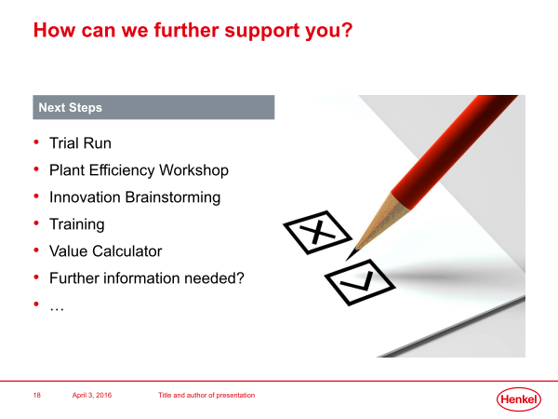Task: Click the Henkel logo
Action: (519, 399)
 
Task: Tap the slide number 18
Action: (36, 395)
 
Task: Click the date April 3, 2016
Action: (92, 395)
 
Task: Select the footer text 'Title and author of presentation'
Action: (206, 395)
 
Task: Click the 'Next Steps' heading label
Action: (70, 107)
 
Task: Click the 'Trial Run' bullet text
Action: (80, 143)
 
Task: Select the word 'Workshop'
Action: (193, 170)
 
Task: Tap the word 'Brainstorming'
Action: (173, 197)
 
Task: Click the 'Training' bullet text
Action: (77, 224)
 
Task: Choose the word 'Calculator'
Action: (127, 251)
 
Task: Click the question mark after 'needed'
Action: (240, 277)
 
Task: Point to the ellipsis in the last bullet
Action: (57, 309)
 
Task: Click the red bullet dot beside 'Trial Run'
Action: (36, 142)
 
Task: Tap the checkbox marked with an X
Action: (317, 232)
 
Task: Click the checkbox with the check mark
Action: (360, 282)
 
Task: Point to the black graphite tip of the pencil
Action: (352, 254)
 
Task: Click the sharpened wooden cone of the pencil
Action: (380, 223)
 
